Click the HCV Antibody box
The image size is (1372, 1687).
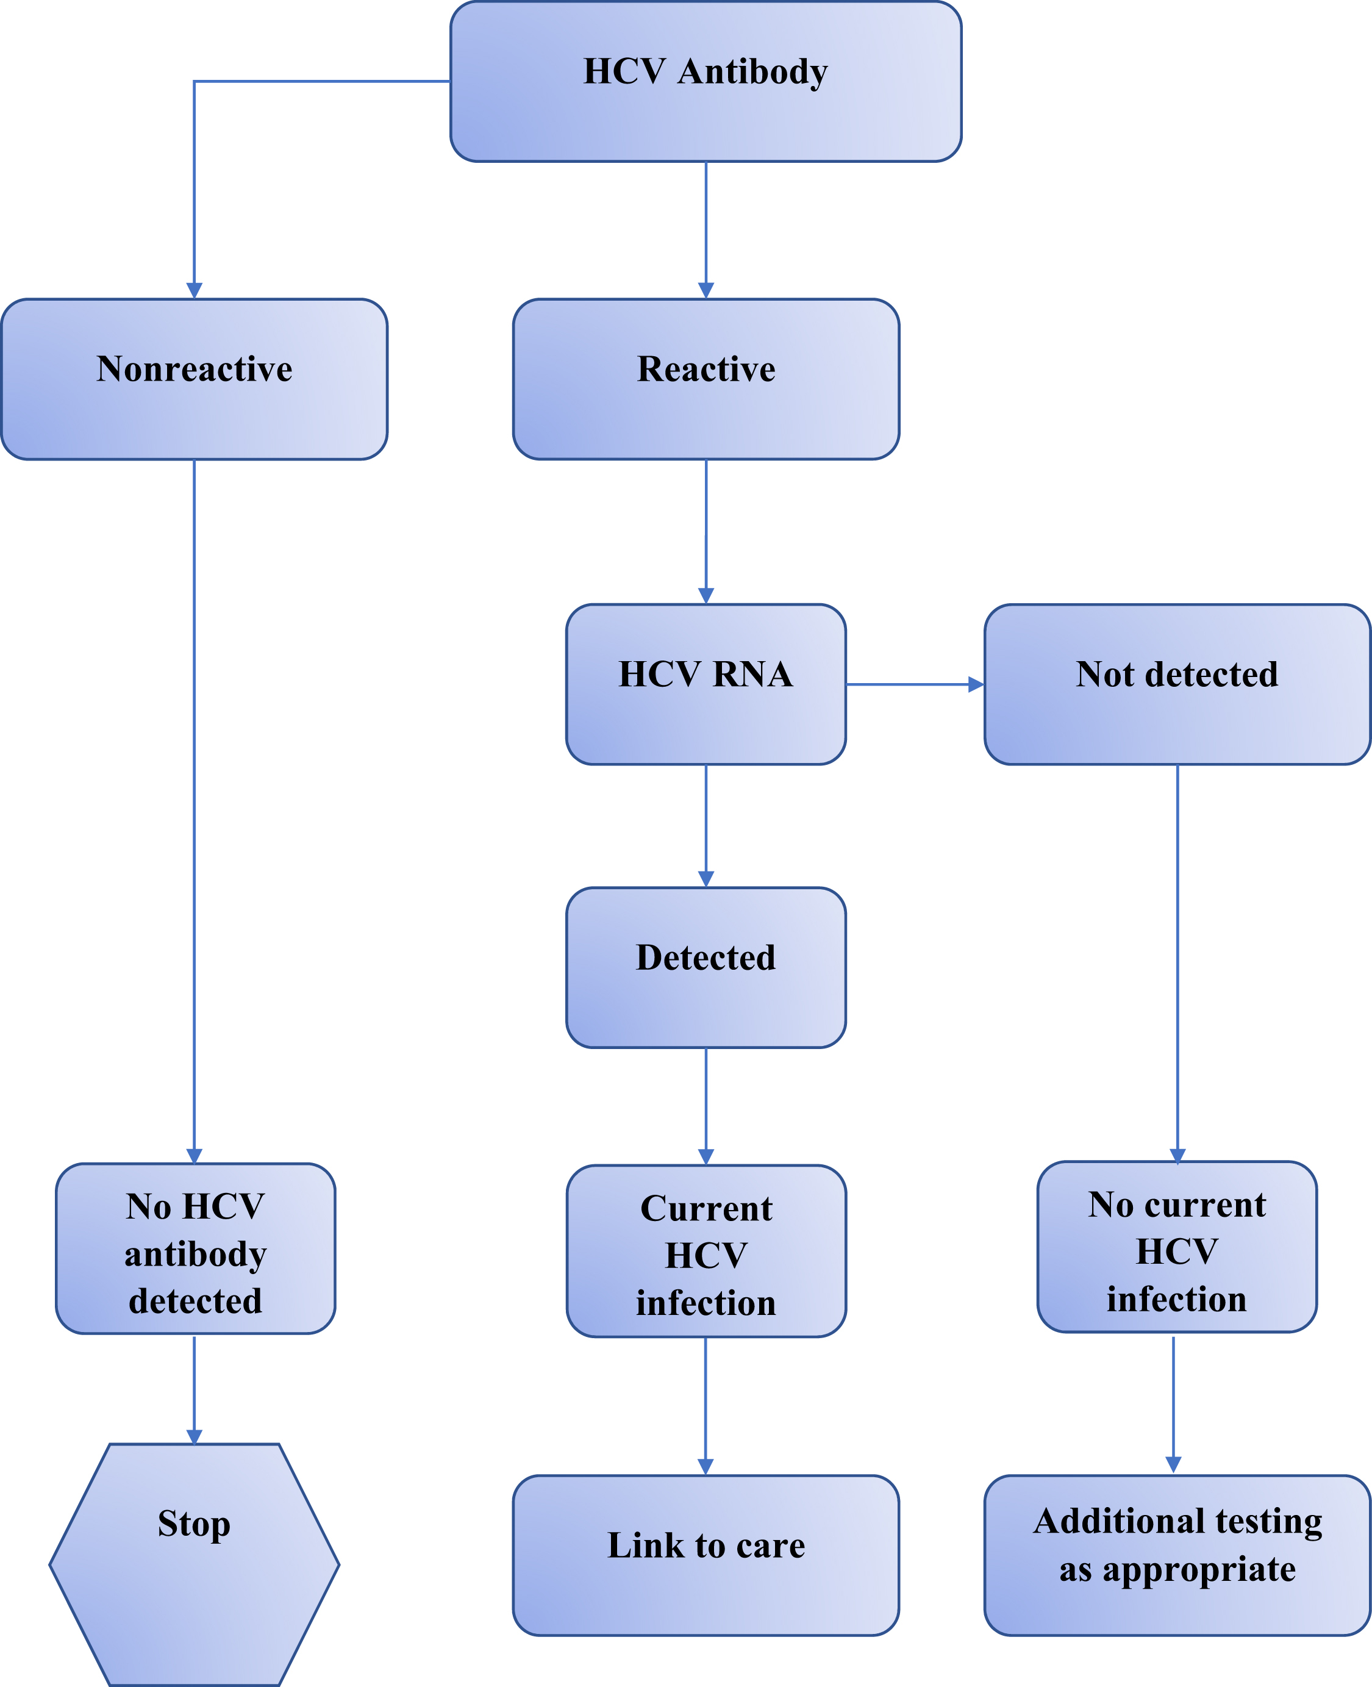pyautogui.click(x=706, y=82)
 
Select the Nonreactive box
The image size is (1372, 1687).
pyautogui.click(x=195, y=379)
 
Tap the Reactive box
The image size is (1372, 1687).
pyautogui.click(x=706, y=379)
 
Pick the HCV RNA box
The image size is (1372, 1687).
pyautogui.click(x=706, y=684)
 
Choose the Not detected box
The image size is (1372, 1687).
pyautogui.click(x=1177, y=684)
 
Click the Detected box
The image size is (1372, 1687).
pyautogui.click(x=706, y=967)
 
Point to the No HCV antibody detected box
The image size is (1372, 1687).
pyautogui.click(x=195, y=1248)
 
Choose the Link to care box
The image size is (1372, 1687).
pyautogui.click(x=706, y=1555)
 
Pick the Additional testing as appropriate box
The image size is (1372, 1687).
pyautogui.click(x=1177, y=1555)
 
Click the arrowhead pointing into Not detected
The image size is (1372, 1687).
pyautogui.click(x=976, y=684)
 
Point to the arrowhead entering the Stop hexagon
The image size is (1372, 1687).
pyautogui.click(x=195, y=1436)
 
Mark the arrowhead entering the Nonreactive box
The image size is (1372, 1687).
pyautogui.click(x=195, y=290)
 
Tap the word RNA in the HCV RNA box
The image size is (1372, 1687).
pyautogui.click(x=752, y=675)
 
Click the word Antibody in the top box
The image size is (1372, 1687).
pyautogui.click(x=752, y=72)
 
